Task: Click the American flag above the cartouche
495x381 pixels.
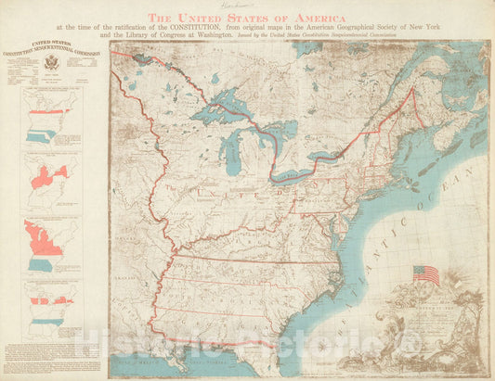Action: point(426,274)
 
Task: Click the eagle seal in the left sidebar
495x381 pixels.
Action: point(50,63)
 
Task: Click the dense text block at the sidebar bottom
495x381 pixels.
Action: point(52,358)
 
